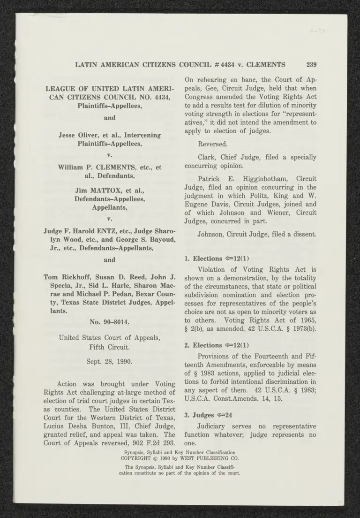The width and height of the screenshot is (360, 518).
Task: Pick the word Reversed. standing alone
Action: click(212, 144)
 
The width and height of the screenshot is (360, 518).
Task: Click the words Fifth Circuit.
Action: click(109, 347)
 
